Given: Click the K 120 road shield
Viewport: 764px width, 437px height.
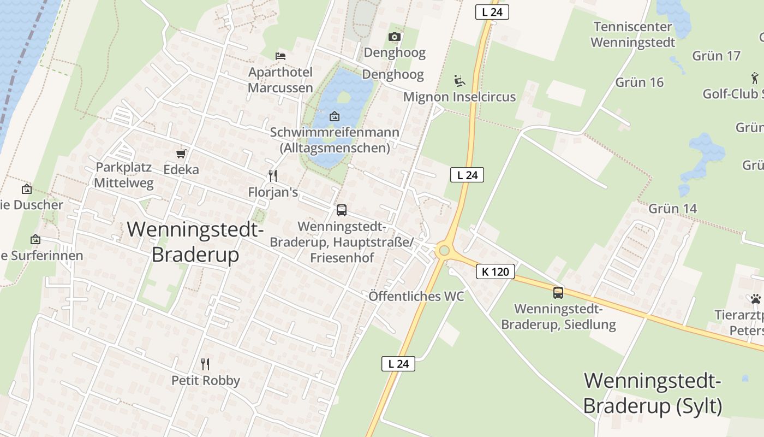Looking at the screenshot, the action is (496, 271).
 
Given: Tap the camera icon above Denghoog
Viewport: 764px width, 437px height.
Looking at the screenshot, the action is (395, 37).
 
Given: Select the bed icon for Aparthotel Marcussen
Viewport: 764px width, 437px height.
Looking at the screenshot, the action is (280, 56).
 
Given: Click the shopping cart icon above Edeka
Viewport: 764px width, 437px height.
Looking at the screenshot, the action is (181, 154).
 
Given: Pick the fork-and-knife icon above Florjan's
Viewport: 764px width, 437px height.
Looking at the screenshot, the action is (273, 175).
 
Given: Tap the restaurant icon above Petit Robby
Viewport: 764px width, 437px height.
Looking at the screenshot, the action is (205, 364).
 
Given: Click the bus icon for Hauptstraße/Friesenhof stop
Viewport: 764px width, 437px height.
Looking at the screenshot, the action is (342, 210).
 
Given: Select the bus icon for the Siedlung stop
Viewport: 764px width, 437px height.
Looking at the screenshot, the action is (558, 292).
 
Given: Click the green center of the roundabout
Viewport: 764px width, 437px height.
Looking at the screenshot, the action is (444, 251).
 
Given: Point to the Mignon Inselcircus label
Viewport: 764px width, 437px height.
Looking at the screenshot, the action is (459, 97).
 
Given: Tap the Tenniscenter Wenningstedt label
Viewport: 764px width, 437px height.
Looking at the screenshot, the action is (633, 34).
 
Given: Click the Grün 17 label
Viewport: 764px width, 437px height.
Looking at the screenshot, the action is (716, 56).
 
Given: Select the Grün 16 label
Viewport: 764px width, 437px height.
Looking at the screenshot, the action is (640, 82).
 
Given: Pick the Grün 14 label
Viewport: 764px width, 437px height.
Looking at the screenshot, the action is (673, 209).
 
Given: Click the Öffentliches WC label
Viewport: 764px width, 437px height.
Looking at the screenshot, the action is (416, 296).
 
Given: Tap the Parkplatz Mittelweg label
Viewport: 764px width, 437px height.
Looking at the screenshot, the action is (124, 175).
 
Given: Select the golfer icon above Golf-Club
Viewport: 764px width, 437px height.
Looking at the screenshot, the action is (755, 78).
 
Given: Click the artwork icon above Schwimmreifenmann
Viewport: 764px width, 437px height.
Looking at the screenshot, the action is (335, 116).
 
